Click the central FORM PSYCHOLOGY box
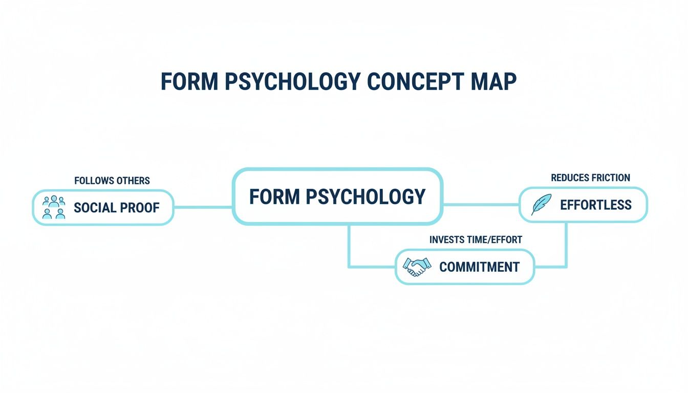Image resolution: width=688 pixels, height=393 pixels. coord(337,197)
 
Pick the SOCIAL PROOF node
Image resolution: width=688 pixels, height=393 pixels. coord(103,207)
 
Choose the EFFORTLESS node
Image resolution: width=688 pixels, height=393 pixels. coord(583,205)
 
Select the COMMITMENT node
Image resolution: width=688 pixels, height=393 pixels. coord(465,267)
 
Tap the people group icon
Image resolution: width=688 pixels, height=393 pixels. coord(54,207)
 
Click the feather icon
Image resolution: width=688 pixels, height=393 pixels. coord(541,205)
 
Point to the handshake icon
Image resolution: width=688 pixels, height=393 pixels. coord(417,267)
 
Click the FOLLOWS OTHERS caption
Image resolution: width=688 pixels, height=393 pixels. coord(112,181)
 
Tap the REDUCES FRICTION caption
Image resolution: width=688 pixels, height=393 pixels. coord(590,178)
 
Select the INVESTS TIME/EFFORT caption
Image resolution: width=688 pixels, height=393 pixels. coord(476,239)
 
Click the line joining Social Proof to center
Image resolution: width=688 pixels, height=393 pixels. coord(203,207)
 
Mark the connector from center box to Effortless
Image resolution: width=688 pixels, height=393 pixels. coord(481,205)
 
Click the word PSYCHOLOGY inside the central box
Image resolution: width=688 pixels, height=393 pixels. coord(366,197)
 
